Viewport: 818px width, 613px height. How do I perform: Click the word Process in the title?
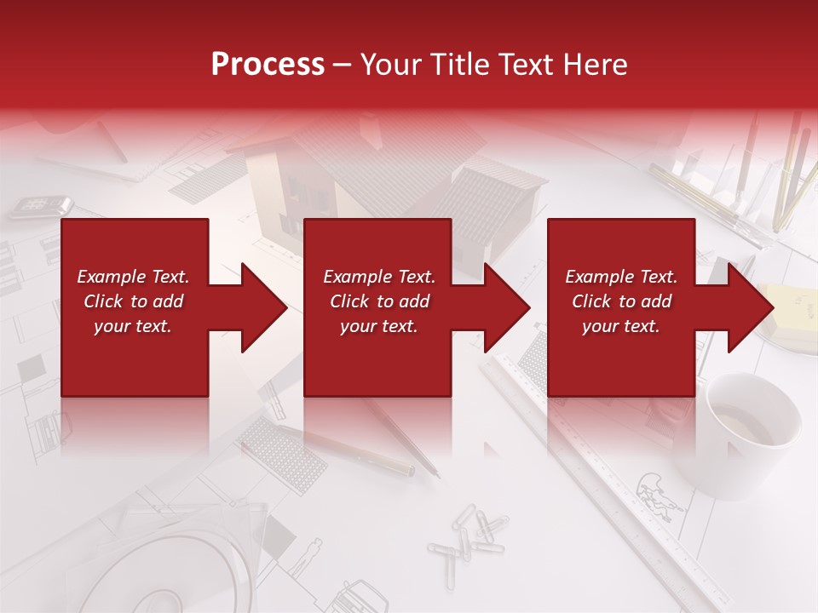pos(268,65)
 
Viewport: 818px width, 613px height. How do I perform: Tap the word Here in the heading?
pos(594,65)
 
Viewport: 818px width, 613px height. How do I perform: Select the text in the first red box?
pos(133,301)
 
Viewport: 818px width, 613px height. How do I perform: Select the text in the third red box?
pos(621,301)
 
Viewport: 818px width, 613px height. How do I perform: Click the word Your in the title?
pos(393,65)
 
